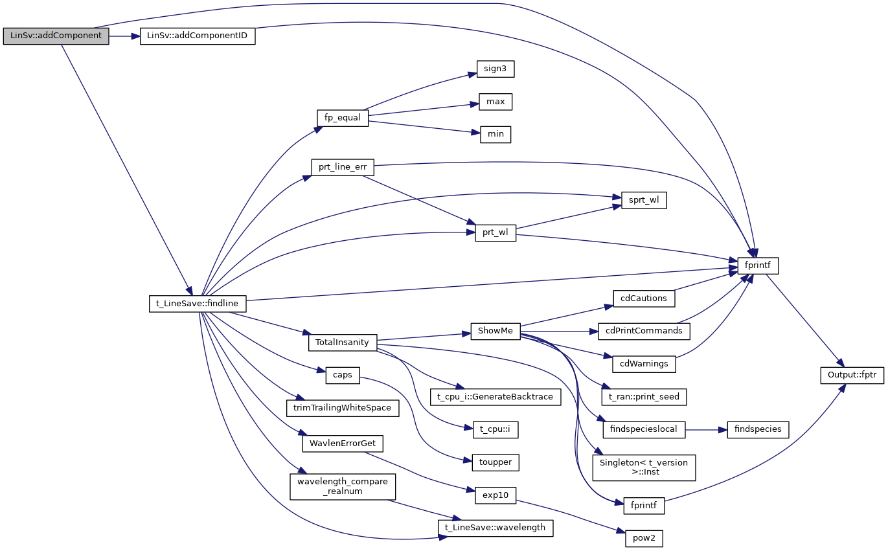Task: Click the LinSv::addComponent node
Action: (56, 36)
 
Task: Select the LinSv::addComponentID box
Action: (198, 36)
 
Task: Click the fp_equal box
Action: (343, 118)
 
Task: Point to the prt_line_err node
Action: (343, 167)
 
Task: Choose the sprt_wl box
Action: (644, 200)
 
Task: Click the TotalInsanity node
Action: (342, 342)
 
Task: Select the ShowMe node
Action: (495, 331)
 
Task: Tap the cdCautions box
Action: (644, 298)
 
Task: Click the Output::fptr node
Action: (852, 375)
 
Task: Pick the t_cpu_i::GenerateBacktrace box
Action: (495, 396)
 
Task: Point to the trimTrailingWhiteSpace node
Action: (342, 408)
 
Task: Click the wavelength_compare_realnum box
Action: (342, 486)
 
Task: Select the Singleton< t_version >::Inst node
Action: (644, 467)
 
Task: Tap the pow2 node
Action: (644, 538)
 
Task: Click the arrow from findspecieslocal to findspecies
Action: (706, 429)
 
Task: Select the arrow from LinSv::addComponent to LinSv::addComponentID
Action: (124, 36)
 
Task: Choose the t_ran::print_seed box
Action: (644, 396)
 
